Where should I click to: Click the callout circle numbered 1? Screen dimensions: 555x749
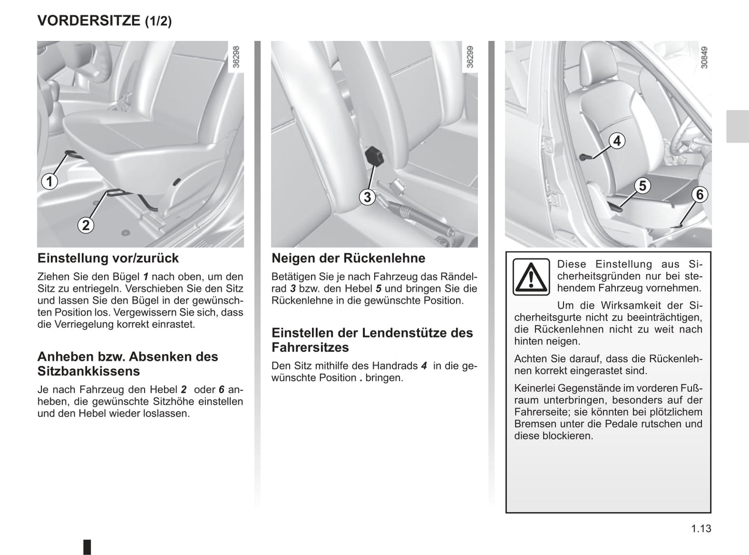click(x=49, y=182)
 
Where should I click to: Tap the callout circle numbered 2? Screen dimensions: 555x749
click(x=86, y=225)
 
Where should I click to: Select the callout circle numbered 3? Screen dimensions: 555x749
click(x=368, y=197)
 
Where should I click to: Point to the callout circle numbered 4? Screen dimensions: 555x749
click(x=617, y=141)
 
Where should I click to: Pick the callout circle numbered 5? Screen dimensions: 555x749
click(x=642, y=185)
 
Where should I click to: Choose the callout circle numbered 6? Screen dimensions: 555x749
click(x=700, y=195)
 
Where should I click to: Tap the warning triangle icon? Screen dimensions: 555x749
click(x=531, y=276)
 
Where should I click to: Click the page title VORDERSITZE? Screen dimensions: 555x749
click(x=89, y=20)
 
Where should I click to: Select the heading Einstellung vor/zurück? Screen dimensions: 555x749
click(x=108, y=258)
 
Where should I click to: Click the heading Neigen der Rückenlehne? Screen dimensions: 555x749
click(x=348, y=258)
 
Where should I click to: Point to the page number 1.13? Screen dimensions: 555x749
click(x=701, y=529)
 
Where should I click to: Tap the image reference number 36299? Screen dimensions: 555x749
click(x=470, y=57)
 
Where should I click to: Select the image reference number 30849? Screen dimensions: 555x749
click(x=704, y=58)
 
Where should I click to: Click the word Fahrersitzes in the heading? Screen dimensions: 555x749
click(x=310, y=347)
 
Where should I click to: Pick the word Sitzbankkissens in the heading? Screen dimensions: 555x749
click(x=89, y=371)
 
